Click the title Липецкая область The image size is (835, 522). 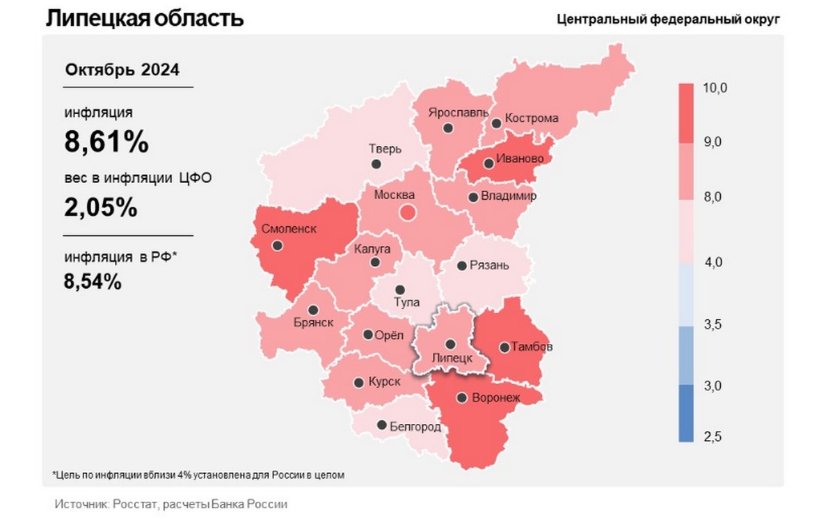click(145, 18)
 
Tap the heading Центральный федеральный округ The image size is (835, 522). click(668, 19)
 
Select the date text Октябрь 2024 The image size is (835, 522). click(122, 70)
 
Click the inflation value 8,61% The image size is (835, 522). click(106, 143)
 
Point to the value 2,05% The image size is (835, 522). click(101, 208)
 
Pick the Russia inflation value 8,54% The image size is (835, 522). click(93, 282)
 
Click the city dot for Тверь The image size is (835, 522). click(376, 164)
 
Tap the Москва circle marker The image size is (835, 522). click(407, 212)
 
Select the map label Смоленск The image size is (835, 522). click(289, 228)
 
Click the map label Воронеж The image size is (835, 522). click(496, 398)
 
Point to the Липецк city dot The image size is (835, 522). click(450, 343)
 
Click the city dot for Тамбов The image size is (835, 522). click(504, 347)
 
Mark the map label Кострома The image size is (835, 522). click(531, 118)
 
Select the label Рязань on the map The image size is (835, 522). click(489, 265)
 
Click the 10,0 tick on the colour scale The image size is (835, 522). click(715, 88)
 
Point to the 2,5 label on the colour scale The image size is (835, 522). click(712, 437)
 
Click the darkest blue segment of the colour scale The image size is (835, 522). click(686, 413)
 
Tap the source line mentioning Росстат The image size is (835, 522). click(170, 504)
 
